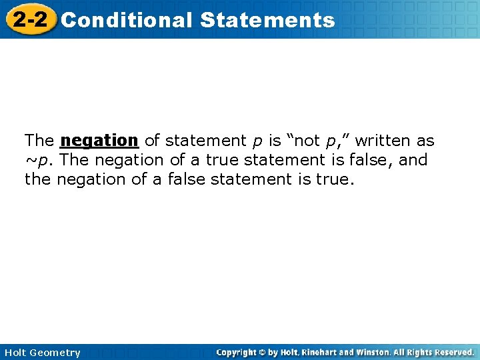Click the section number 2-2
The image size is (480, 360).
click(x=29, y=19)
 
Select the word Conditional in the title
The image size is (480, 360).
click(x=126, y=20)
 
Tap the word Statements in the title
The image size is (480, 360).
click(x=267, y=20)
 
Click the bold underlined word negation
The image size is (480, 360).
click(x=99, y=141)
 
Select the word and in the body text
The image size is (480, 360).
click(x=413, y=160)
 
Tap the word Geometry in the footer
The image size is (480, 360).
click(x=56, y=353)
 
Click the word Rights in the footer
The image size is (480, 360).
click(x=420, y=352)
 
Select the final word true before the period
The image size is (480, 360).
click(x=331, y=179)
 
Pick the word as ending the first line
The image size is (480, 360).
click(x=425, y=141)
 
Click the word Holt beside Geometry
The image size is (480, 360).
click(x=15, y=353)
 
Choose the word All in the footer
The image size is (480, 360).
click(x=401, y=352)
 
